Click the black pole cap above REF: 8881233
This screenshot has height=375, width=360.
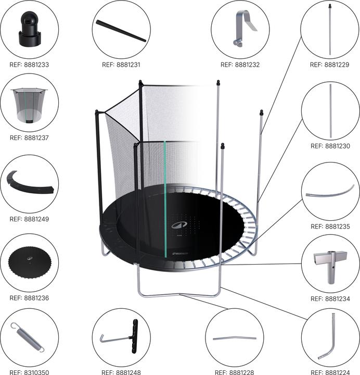(30, 29)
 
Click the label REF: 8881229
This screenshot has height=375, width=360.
(329, 65)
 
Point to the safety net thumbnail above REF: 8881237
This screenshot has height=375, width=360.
(29, 105)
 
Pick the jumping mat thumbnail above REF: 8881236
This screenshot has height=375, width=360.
(30, 262)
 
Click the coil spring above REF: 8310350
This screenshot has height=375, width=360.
(28, 337)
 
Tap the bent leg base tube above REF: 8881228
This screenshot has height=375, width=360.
(234, 338)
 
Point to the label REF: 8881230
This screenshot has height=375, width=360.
(330, 146)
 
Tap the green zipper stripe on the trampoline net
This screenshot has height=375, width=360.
(165, 199)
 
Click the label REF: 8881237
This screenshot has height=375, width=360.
(29, 137)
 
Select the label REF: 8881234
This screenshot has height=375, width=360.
(330, 299)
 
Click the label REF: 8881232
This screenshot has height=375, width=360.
(240, 65)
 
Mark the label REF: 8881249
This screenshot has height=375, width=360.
(29, 219)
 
